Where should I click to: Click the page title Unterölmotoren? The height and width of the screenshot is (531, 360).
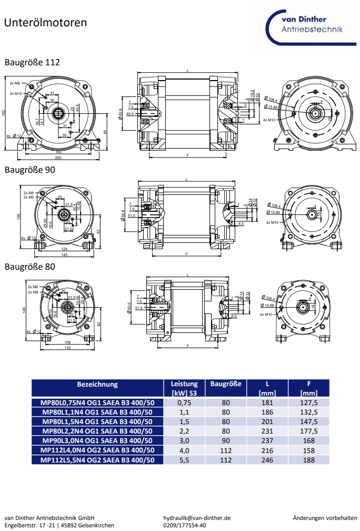click(45, 23)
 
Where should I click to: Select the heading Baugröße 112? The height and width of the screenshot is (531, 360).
click(32, 62)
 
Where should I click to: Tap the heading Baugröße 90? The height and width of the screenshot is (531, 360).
click(30, 170)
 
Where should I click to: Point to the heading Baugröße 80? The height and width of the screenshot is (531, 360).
click(30, 267)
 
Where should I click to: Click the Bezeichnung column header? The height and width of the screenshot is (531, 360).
click(97, 385)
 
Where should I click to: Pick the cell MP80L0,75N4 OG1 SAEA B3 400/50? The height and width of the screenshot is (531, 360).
click(97, 403)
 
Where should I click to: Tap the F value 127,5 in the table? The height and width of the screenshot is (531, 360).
click(309, 403)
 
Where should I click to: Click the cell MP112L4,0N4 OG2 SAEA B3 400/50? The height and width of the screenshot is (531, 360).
click(97, 450)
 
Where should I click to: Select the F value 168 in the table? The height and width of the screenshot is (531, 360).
click(309, 441)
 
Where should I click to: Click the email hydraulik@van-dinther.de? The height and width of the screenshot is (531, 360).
click(197, 518)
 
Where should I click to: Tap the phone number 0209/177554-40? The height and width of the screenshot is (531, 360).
click(185, 525)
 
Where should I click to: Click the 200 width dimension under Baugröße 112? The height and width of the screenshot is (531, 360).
click(58, 158)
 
